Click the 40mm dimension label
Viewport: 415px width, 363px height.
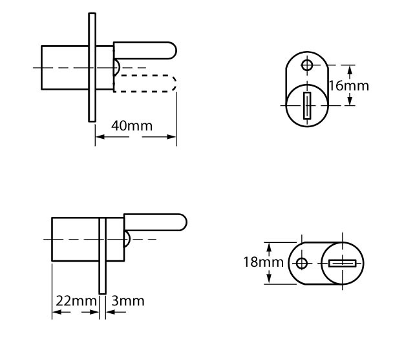click(132, 126)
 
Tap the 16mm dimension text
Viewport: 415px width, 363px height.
click(349, 86)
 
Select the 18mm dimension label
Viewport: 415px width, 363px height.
click(263, 262)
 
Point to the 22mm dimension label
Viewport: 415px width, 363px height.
click(76, 301)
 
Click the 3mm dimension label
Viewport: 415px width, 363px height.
click(128, 301)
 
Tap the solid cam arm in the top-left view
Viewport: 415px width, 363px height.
click(145, 50)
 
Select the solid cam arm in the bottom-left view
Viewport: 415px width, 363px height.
click(155, 222)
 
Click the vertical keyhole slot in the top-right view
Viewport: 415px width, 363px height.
click(307, 105)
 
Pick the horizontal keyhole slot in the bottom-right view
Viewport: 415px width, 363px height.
click(342, 264)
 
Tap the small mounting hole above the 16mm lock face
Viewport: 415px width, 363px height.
click(307, 65)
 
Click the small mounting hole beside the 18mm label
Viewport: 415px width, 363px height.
click(302, 264)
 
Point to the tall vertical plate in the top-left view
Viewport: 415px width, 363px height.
click(92, 67)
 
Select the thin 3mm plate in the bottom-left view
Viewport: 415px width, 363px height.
click(102, 256)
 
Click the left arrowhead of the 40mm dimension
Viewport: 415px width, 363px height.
click(100, 137)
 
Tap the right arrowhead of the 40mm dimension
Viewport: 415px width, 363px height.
click(171, 137)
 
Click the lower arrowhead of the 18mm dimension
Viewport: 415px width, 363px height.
click(269, 279)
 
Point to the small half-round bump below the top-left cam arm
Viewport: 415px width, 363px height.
click(117, 67)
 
